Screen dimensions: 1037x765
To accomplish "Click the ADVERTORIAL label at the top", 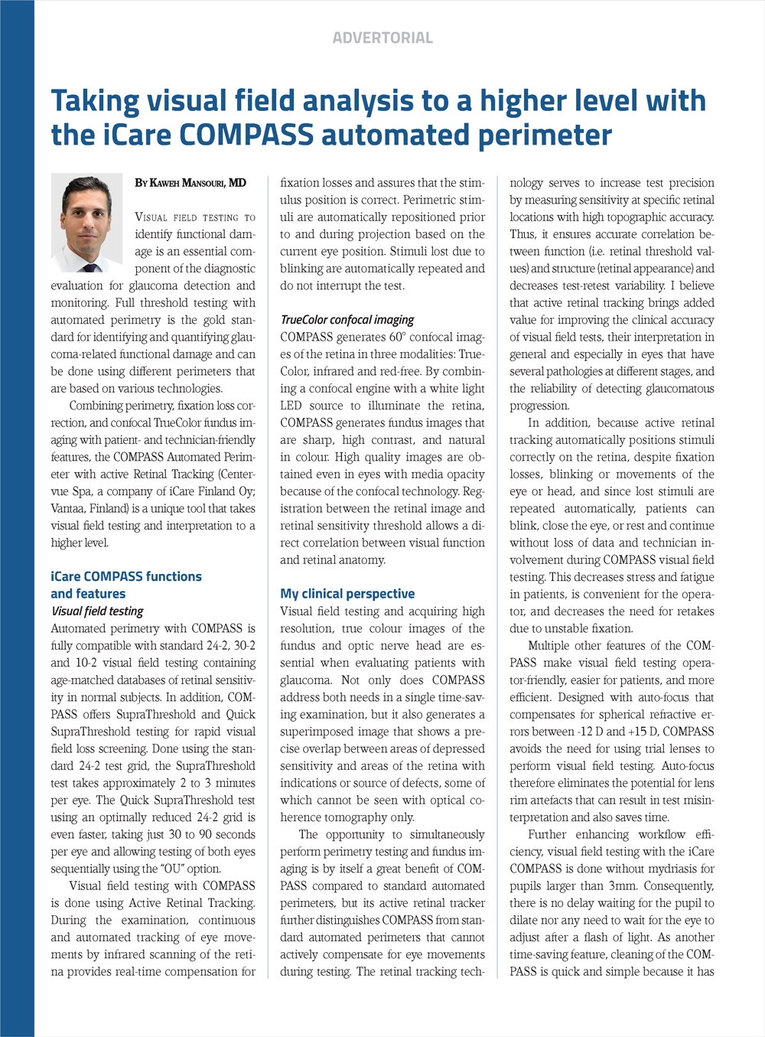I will click(x=382, y=38).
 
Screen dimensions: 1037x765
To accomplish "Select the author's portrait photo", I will click(x=86, y=223).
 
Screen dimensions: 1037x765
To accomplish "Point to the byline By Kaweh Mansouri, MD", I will click(x=190, y=183).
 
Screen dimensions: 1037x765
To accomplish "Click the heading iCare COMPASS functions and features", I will click(x=126, y=585).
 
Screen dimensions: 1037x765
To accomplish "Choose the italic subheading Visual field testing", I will click(x=97, y=611).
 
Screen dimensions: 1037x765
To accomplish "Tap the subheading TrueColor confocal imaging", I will click(x=347, y=320).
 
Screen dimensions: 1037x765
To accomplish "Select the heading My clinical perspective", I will click(x=347, y=594).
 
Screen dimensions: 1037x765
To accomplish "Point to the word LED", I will click(x=291, y=406).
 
